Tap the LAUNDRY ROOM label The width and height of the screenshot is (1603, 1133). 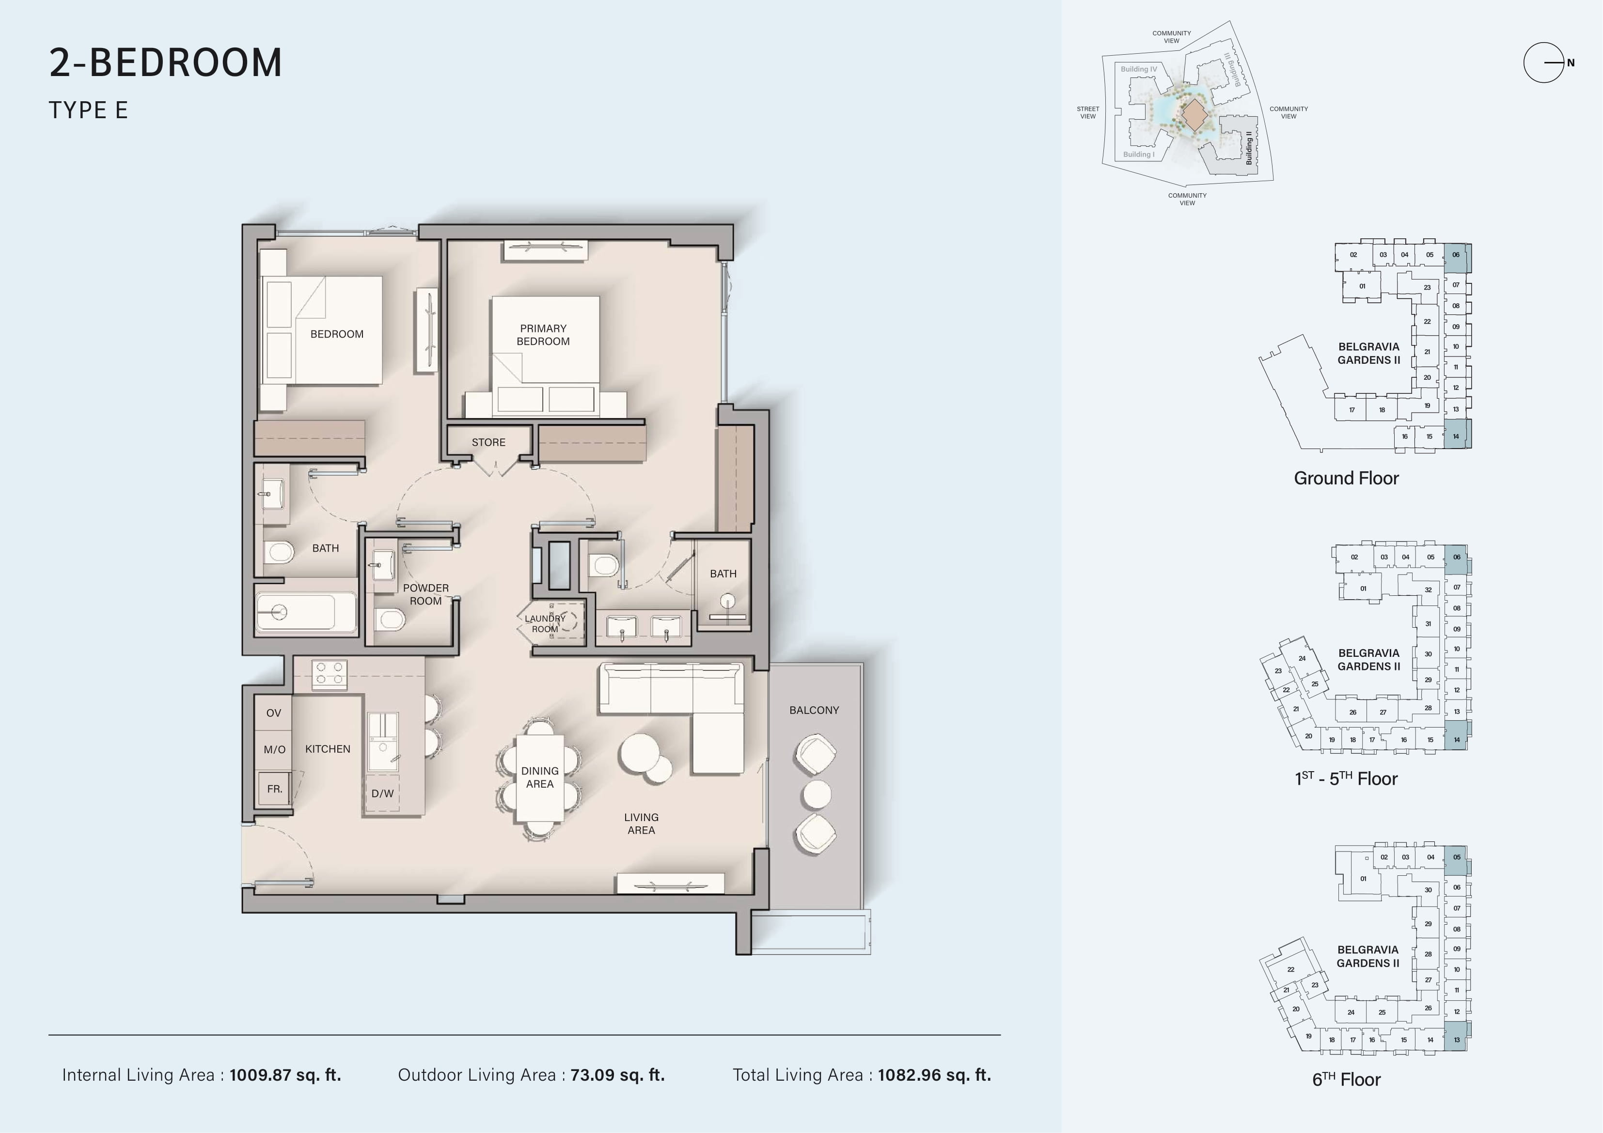[545, 623]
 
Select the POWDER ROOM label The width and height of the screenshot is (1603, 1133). [426, 594]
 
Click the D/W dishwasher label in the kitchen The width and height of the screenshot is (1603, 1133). [383, 793]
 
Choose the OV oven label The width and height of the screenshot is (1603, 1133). [274, 713]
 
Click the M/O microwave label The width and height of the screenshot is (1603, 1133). [274, 749]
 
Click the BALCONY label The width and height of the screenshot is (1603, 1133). [814, 710]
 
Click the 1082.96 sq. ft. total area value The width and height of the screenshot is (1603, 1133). [934, 1075]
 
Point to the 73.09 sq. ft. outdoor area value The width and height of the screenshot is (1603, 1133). [617, 1075]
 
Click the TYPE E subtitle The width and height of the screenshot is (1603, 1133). [88, 110]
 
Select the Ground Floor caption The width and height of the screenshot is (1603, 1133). [1346, 478]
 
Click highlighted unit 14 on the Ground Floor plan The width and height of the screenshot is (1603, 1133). [1456, 435]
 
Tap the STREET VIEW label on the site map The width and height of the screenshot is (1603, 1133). [1088, 112]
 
